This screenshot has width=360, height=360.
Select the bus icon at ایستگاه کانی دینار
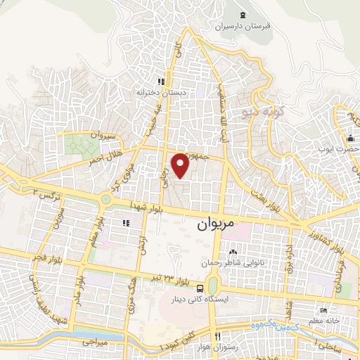point(202,288)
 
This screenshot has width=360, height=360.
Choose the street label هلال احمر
point(103,155)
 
